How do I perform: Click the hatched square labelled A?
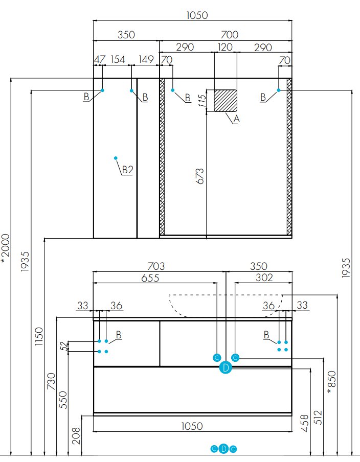click(x=226, y=101)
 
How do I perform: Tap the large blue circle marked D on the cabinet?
click(x=226, y=367)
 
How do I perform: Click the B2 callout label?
click(x=128, y=170)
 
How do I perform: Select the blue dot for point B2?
click(x=116, y=158)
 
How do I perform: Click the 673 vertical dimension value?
click(x=200, y=176)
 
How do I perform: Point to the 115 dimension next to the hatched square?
click(x=202, y=101)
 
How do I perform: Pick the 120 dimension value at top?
click(x=225, y=47)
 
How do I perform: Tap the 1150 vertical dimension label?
click(x=39, y=336)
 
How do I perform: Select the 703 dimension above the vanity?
click(x=156, y=266)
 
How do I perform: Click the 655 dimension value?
click(x=150, y=278)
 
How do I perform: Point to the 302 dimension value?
click(x=264, y=278)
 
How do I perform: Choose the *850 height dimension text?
click(x=332, y=382)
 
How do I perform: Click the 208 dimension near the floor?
click(x=76, y=435)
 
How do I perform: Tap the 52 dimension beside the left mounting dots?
click(x=64, y=346)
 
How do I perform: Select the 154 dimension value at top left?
click(x=118, y=59)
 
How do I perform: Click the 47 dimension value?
click(x=100, y=59)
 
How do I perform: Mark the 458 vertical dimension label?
click(x=305, y=423)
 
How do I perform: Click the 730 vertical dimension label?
click(x=51, y=381)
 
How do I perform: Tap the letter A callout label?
click(x=236, y=119)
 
